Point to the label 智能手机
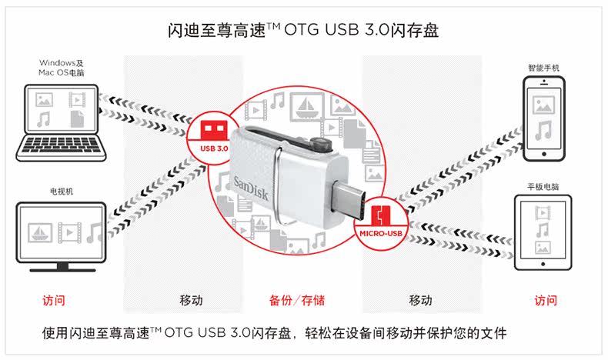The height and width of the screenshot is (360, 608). click(543, 68)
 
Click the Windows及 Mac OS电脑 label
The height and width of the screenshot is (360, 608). click(61, 67)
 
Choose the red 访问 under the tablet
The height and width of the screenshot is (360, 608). click(545, 300)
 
